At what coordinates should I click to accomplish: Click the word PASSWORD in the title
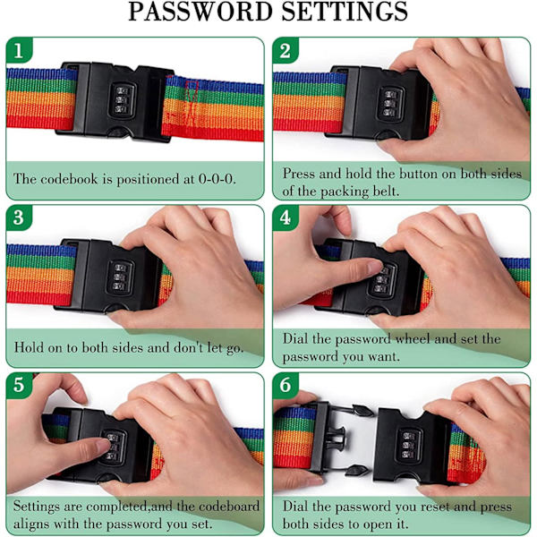point(200,12)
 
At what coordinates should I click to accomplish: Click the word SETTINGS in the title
point(345,12)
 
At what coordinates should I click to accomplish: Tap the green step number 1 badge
point(19,51)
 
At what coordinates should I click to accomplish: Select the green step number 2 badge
point(286,51)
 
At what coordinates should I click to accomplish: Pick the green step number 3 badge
point(19,217)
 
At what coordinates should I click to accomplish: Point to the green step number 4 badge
point(286,217)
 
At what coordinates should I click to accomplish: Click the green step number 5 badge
point(19,385)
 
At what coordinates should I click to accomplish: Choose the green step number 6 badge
point(286,385)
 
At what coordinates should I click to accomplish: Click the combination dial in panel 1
point(122,100)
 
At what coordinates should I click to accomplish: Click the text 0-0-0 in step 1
point(217,178)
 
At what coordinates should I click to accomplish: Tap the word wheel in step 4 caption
point(413,338)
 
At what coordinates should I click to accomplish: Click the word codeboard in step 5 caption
point(229,507)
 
